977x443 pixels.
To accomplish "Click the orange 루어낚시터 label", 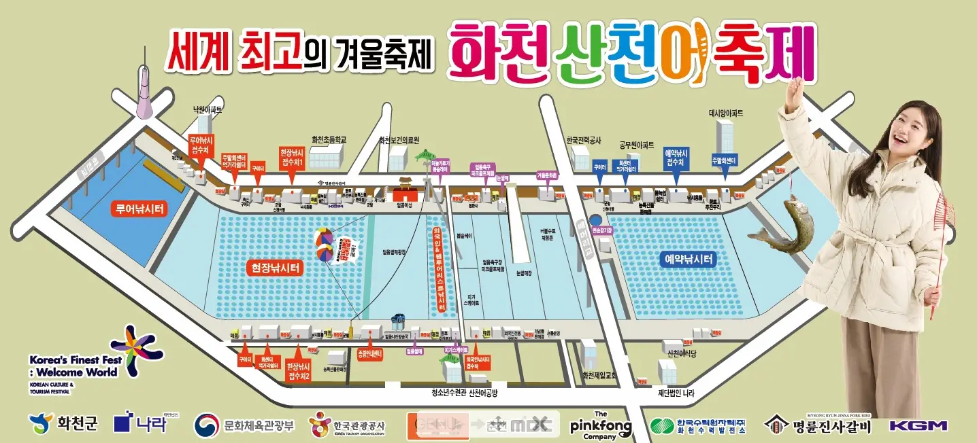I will pos(139,209).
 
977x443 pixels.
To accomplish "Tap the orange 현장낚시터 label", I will pos(275,268).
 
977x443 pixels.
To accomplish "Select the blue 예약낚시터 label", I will pos(689,259).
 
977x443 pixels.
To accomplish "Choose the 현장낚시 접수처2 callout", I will pos(300,371).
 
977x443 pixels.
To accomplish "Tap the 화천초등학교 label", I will pos(329,139).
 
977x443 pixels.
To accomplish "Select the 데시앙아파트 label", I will pos(727,113).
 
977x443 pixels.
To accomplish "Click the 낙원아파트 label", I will pos(208,109).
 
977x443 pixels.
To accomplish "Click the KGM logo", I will pos(918,425).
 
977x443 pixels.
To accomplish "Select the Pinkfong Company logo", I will pos(601,425).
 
